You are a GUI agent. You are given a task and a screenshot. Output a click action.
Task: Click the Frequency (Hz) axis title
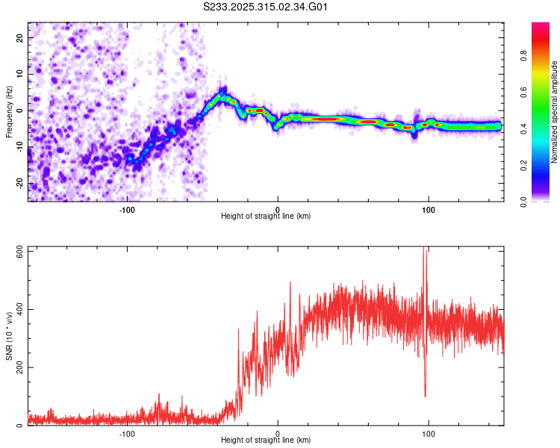pos(9,112)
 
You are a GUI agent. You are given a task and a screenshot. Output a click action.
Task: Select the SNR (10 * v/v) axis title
pos(9,336)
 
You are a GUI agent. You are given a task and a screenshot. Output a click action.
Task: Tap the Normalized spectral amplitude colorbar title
pos(555,112)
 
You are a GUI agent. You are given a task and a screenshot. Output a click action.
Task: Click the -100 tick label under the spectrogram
pos(127,209)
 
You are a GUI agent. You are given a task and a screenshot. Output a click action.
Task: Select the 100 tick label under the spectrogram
pos(429,209)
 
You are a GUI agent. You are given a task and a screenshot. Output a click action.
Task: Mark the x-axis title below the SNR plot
pos(266,441)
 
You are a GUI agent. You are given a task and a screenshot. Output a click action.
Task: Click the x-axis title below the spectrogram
pos(266,217)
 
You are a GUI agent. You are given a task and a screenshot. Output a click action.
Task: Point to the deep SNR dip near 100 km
pos(425,396)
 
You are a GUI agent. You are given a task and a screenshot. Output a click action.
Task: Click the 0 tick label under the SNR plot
pos(278,433)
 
